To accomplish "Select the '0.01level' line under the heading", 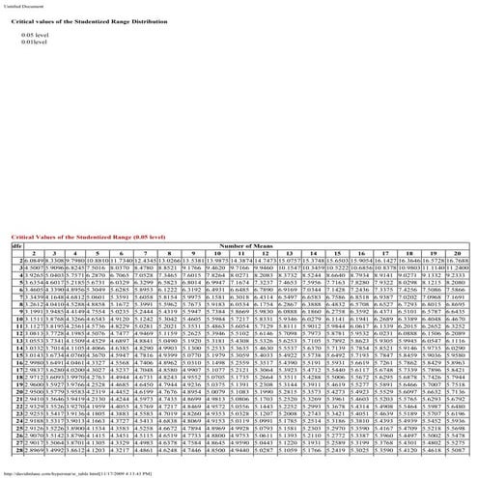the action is pos(35,42).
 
